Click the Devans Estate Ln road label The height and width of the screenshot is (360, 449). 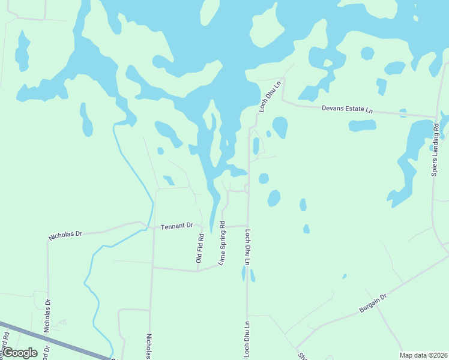[347, 109]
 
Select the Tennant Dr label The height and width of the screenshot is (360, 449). [177, 226]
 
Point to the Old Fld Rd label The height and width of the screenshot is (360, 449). [200, 248]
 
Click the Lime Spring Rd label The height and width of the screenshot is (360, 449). [221, 244]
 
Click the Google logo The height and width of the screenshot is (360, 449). [19, 353]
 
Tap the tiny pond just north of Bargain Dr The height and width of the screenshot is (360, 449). [344, 277]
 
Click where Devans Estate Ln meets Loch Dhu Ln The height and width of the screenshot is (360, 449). [283, 102]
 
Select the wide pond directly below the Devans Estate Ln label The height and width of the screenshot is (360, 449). [362, 125]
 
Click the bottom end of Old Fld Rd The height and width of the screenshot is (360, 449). [197, 271]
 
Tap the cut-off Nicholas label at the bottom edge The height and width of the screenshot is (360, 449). [149, 346]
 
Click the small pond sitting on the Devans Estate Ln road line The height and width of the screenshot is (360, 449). [403, 112]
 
